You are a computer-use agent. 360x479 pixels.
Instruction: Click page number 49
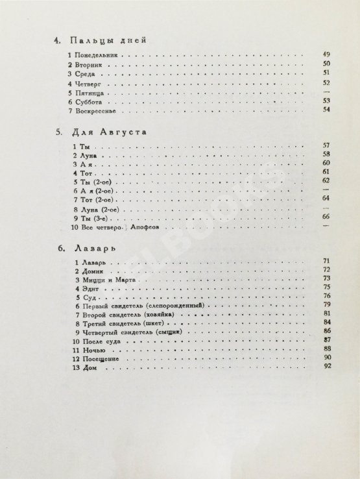click(x=326, y=55)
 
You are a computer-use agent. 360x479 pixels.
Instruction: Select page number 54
click(x=326, y=110)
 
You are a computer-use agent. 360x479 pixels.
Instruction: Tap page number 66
click(x=326, y=216)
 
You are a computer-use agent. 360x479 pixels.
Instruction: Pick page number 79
click(x=326, y=305)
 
